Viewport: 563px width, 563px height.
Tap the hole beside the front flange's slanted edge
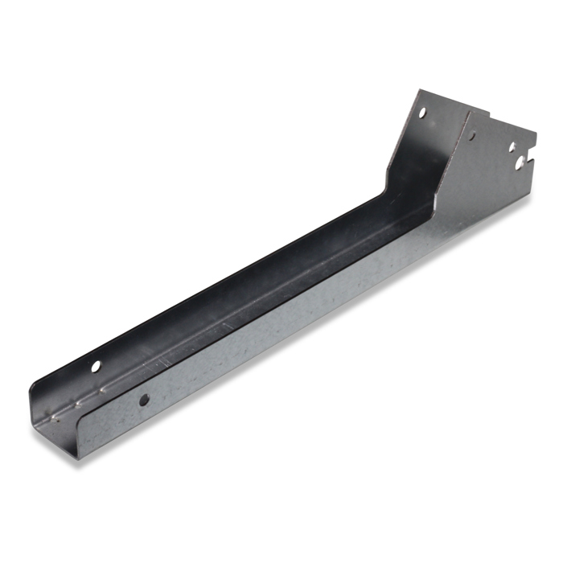coord(471,136)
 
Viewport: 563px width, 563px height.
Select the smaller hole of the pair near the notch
coord(512,147)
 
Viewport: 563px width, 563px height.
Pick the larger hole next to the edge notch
coord(520,162)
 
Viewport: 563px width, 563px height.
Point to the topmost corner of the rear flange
coord(418,90)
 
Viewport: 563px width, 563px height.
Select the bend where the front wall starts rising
coord(441,211)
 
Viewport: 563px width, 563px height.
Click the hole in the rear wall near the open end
coord(97,367)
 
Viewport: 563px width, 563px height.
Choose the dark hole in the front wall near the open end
coord(143,399)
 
